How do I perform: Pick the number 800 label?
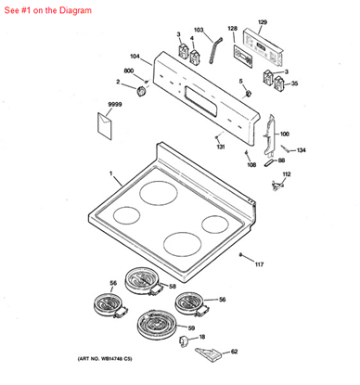tap(129, 71)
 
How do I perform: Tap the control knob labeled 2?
tap(142, 90)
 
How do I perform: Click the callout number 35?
tap(294, 83)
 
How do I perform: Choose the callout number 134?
tap(301, 150)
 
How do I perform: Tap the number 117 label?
tap(259, 264)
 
